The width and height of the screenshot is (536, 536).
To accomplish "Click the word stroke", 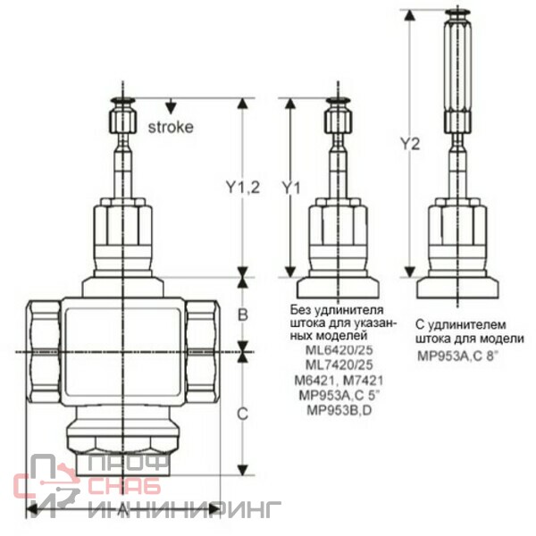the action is [171, 127].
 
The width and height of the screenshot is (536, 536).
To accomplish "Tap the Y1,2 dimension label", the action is [243, 188].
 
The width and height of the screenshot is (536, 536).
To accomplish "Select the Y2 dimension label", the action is [410, 144].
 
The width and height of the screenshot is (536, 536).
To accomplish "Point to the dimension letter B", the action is [242, 314].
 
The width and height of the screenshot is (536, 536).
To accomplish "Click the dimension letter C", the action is [242, 415].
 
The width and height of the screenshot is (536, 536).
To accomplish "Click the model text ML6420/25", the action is [339, 350].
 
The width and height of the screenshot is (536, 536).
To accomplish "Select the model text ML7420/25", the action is [339, 364].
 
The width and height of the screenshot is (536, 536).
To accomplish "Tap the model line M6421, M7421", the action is [339, 381].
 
